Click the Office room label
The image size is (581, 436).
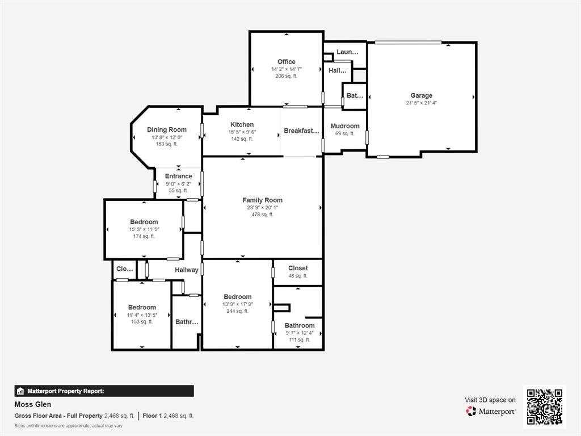click(x=287, y=62)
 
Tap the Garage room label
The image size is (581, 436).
click(x=422, y=95)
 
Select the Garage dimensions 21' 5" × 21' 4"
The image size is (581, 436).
click(x=422, y=103)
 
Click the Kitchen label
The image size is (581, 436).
click(x=242, y=124)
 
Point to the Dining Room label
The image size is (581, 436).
click(x=167, y=129)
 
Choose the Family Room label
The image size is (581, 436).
click(x=263, y=200)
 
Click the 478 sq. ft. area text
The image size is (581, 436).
click(x=263, y=215)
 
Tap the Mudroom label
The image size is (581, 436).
click(x=345, y=126)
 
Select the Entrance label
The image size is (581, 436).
click(x=179, y=176)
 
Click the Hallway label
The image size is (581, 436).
click(x=187, y=270)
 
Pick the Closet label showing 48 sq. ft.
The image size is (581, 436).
click(x=298, y=268)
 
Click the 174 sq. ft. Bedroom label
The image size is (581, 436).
click(x=144, y=222)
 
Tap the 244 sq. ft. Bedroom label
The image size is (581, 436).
click(x=238, y=297)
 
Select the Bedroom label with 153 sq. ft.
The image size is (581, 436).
click(x=142, y=307)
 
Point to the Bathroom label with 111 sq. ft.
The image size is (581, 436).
click(x=300, y=325)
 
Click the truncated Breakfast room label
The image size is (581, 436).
click(x=301, y=131)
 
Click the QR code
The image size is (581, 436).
click(x=544, y=406)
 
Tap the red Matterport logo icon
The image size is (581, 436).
click(x=471, y=411)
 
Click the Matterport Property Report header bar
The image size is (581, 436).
click(x=104, y=391)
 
